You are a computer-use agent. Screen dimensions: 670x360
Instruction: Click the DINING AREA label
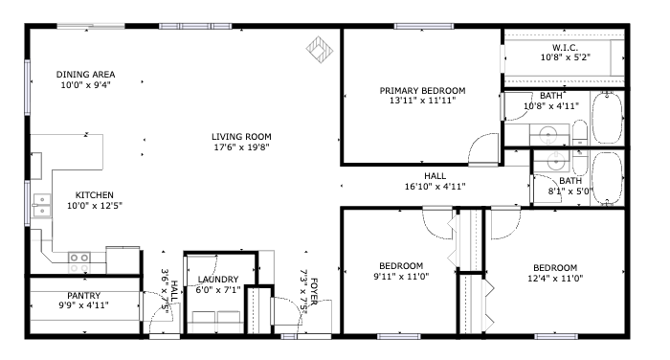(x=85, y=75)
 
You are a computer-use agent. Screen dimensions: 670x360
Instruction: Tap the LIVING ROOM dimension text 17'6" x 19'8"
(x=241, y=147)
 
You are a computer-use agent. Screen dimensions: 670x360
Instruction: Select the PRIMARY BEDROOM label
(x=422, y=91)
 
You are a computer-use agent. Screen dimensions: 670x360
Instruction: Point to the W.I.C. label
(x=565, y=48)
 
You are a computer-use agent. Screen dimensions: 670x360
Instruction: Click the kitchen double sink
(x=42, y=205)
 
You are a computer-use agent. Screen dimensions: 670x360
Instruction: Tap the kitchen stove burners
(x=79, y=262)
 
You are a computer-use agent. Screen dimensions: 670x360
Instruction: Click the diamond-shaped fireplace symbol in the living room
(x=319, y=49)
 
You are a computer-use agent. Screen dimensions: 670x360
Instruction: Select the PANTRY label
(x=84, y=296)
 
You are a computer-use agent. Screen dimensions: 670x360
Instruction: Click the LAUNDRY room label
(x=218, y=280)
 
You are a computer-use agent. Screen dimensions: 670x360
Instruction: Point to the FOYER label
(x=314, y=292)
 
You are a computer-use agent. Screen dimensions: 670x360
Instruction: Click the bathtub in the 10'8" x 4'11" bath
(x=607, y=117)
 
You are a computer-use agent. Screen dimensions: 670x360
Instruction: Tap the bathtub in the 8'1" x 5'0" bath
(x=607, y=178)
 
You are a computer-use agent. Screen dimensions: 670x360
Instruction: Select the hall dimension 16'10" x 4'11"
(x=435, y=187)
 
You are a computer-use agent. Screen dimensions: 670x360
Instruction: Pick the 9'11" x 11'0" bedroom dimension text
(x=401, y=277)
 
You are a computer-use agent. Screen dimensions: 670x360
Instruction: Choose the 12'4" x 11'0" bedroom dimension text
(x=555, y=279)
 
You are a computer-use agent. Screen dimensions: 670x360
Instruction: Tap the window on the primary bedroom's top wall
(x=423, y=27)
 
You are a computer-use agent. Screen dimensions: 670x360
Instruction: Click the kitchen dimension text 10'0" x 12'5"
(x=95, y=206)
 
